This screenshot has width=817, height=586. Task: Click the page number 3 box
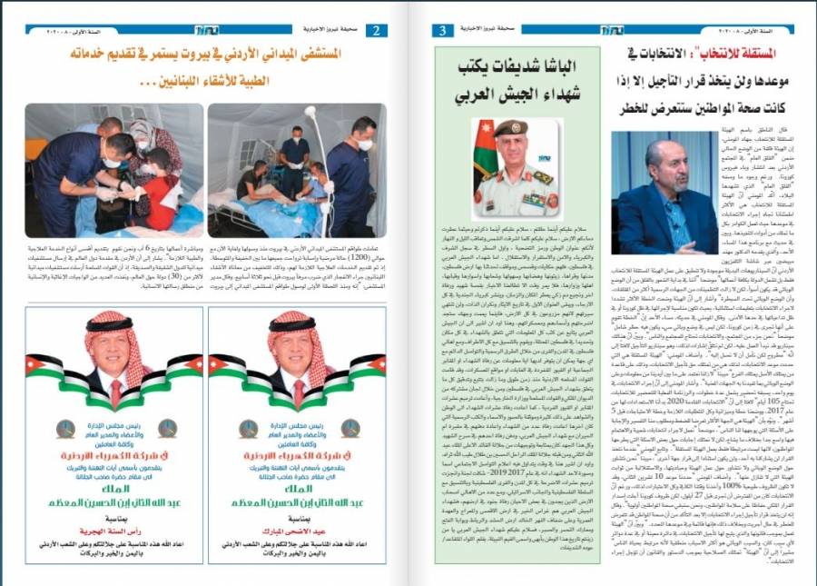[x=442, y=30]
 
